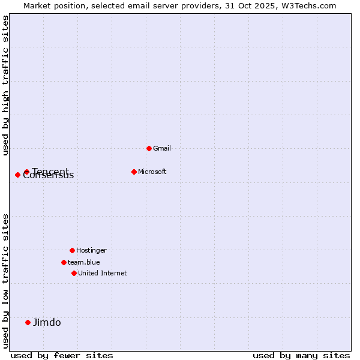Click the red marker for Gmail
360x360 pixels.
pos(149,148)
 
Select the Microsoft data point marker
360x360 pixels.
pos(134,172)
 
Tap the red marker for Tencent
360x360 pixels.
pos(26,172)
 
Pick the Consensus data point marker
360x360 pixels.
pos(17,175)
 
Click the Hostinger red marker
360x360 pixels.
pos(72,250)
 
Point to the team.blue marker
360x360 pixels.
pos(64,262)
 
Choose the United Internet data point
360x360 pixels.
pos(74,273)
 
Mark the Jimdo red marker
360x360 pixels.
pos(28,322)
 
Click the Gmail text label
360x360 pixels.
pos(161,148)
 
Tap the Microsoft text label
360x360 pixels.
pos(152,172)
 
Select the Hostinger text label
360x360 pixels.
pos(91,250)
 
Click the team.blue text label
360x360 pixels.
pos(83,262)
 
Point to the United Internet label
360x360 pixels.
pos(102,273)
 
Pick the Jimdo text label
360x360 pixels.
pos(47,322)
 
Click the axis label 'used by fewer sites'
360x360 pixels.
pos(61,355)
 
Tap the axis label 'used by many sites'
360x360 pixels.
pos(301,355)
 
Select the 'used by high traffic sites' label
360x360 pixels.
pos(5,85)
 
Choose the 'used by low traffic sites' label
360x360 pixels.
pos(5,280)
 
